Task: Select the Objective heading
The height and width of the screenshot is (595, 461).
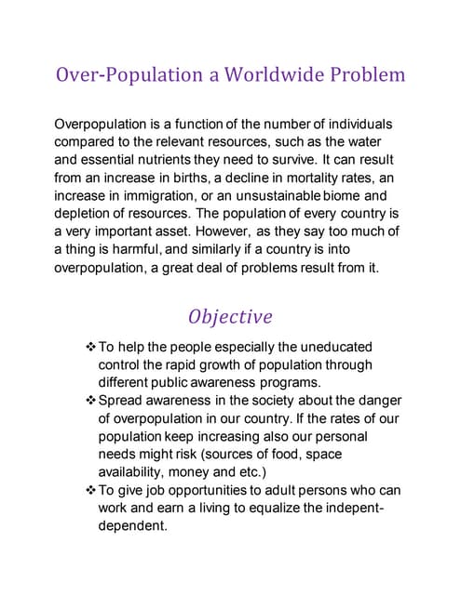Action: click(230, 316)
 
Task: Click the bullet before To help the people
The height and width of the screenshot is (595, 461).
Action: click(90, 347)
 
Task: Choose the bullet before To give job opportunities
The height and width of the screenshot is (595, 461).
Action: click(90, 490)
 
